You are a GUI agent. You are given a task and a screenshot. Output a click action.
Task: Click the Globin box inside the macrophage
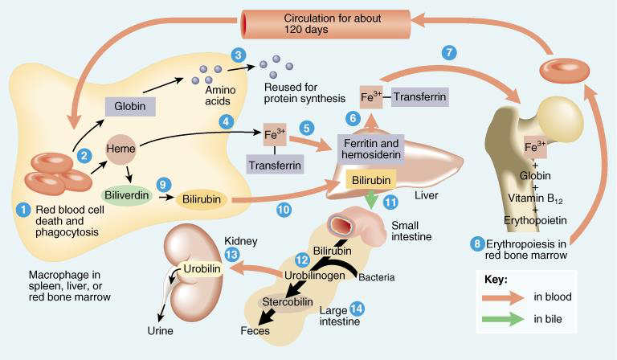(129, 105)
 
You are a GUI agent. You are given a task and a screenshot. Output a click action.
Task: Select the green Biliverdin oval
(126, 194)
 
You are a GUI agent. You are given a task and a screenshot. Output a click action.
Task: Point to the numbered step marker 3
(238, 55)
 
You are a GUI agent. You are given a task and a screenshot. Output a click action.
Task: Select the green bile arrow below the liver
(372, 199)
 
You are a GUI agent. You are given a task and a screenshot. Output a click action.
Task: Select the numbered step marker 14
(357, 309)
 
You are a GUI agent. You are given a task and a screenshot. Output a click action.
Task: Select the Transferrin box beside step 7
(419, 96)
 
